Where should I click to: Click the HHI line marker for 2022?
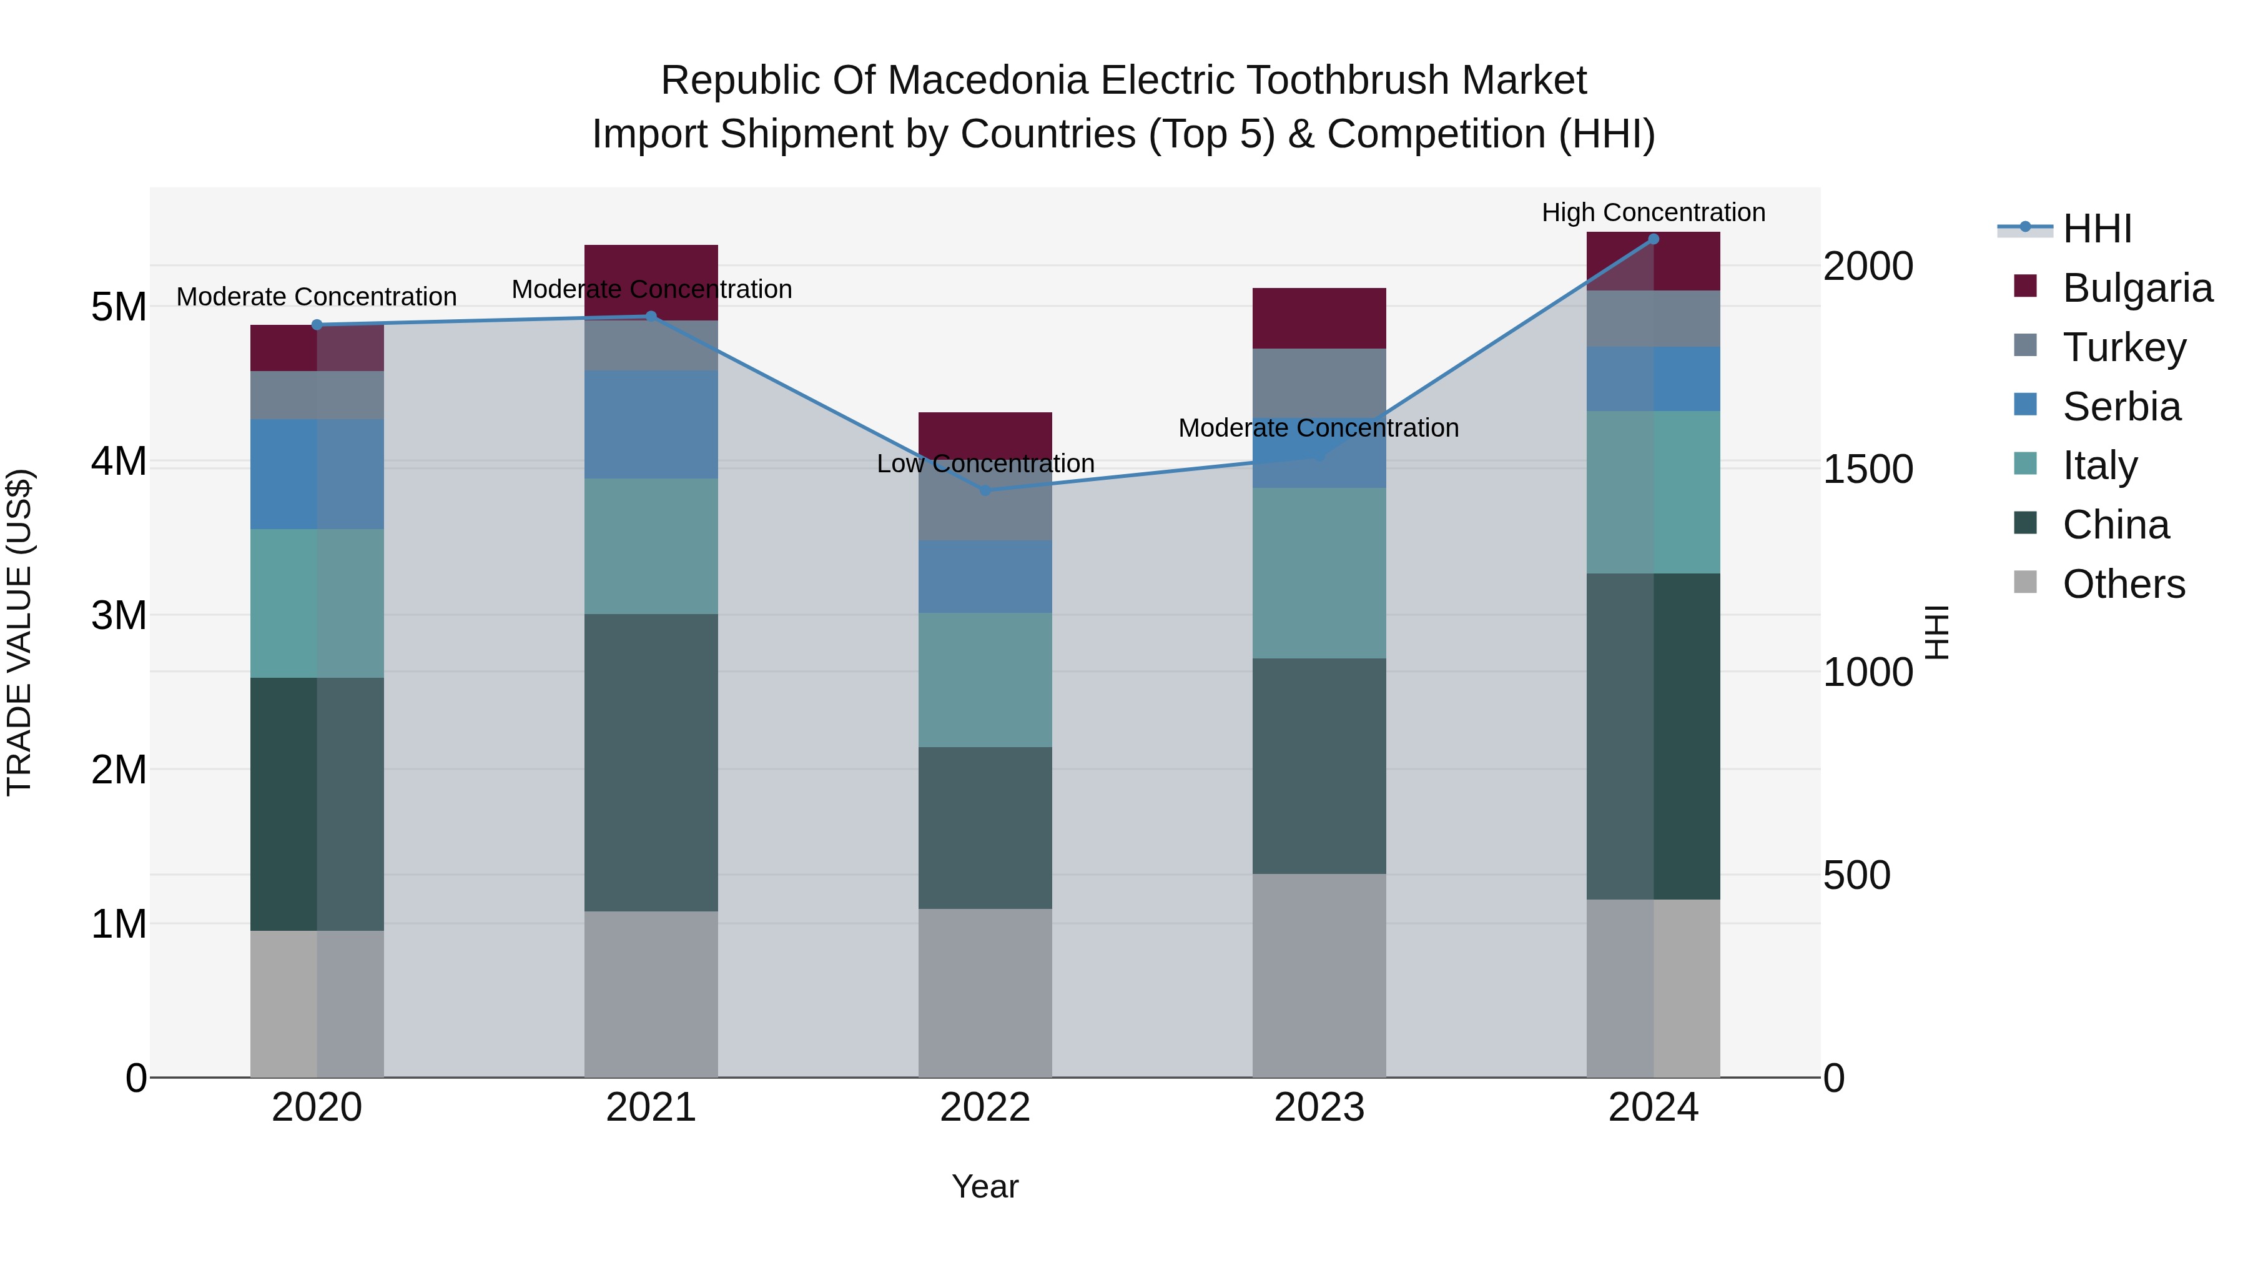click(985, 490)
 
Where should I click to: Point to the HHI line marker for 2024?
click(1653, 239)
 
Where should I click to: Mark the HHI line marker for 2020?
click(317, 325)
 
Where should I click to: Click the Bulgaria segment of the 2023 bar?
click(1319, 319)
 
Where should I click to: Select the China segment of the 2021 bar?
click(651, 762)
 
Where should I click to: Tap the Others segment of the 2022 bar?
click(985, 993)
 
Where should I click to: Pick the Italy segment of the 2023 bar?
click(1319, 573)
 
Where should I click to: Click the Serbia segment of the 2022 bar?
click(985, 576)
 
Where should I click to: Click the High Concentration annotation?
click(1653, 213)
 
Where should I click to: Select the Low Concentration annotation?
click(985, 464)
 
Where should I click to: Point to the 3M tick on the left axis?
click(119, 615)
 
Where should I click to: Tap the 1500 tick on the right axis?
click(1868, 470)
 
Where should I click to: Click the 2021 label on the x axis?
click(651, 1108)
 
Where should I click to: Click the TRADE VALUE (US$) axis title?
click(19, 632)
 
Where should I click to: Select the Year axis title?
click(985, 1186)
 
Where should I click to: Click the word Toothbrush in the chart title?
click(1332, 81)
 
